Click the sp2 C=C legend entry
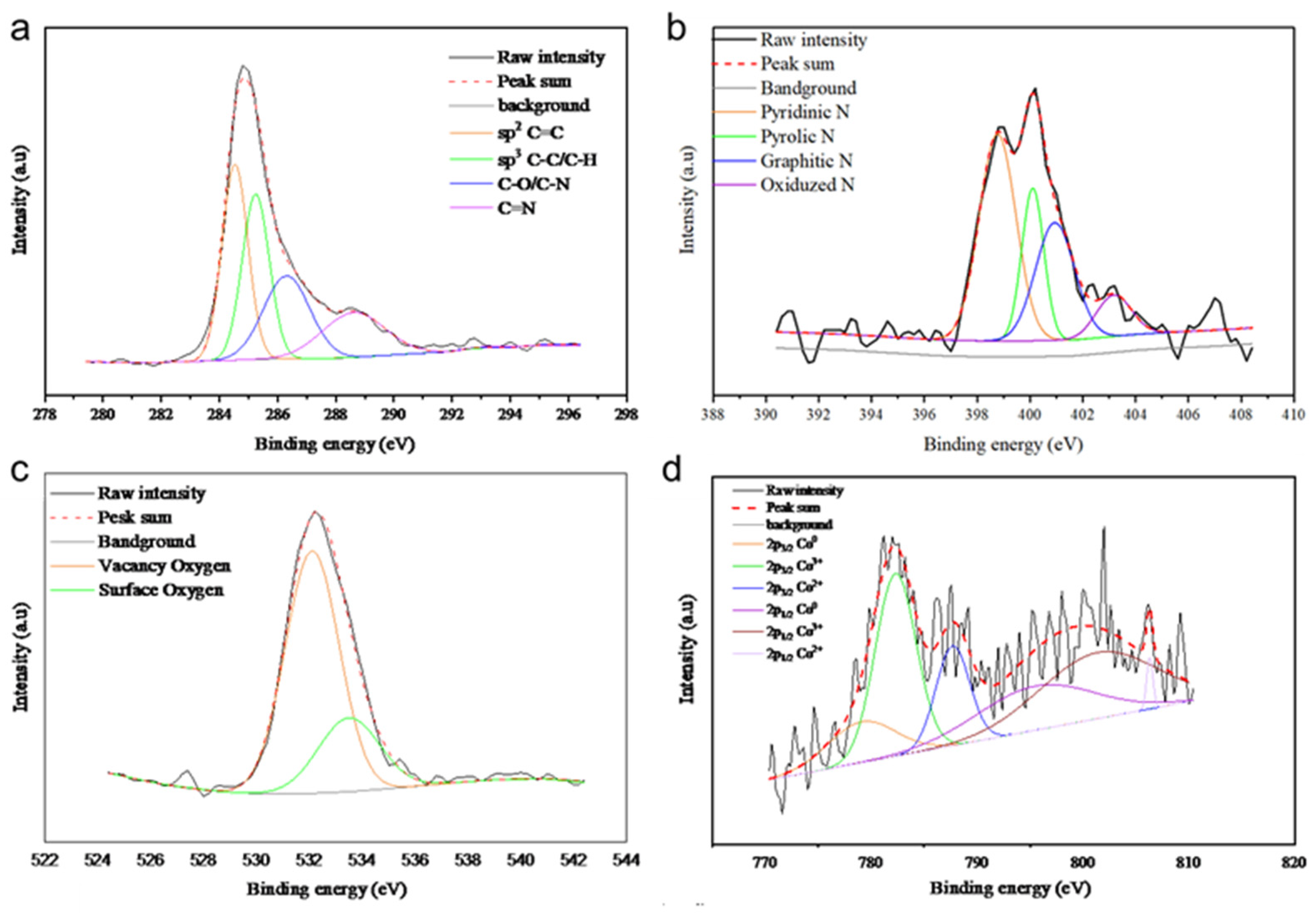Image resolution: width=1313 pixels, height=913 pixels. (530, 133)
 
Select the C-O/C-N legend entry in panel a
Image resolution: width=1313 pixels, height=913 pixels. (533, 184)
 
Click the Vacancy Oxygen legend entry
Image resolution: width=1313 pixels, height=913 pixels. (164, 566)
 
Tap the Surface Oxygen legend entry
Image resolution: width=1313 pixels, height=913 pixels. (161, 590)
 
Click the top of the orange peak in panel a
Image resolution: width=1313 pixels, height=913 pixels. (235, 165)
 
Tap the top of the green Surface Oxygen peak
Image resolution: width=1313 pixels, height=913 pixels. (349, 717)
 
